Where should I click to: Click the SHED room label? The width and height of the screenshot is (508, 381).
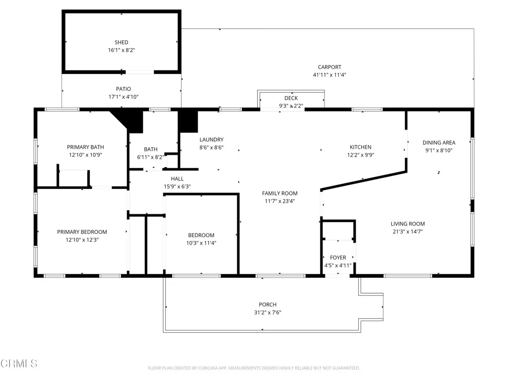122,43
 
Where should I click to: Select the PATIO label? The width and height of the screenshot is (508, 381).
124,89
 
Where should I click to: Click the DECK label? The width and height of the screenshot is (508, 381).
291,98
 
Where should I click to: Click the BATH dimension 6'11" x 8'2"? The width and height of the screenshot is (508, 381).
151,157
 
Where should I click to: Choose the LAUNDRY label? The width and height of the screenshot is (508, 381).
211,140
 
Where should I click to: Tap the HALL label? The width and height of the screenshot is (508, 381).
177,179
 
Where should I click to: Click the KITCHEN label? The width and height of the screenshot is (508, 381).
361,147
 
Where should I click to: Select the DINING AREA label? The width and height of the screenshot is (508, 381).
439,142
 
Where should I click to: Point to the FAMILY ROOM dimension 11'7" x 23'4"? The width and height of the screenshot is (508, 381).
280,201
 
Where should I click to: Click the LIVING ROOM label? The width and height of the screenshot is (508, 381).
408,224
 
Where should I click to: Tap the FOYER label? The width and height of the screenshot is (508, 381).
338,257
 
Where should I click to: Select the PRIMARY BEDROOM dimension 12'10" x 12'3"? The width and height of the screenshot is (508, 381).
82,240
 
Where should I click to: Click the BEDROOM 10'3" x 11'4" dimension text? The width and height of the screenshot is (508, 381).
201,243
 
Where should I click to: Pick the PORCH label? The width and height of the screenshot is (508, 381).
267,305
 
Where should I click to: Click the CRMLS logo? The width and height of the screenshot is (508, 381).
19,364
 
